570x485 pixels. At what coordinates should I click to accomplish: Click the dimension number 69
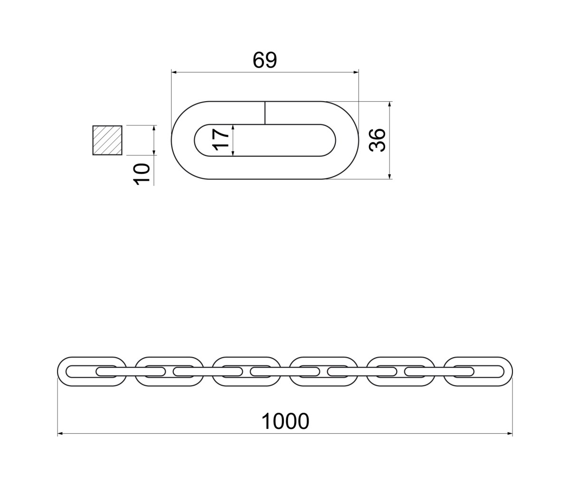pos(265,60)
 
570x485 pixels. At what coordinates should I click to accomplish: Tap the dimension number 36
pos(377,140)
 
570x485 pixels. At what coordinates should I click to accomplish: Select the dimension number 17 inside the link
pos(221,140)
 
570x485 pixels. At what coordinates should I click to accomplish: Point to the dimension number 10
pos(142,174)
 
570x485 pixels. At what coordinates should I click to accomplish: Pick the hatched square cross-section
pos(107,140)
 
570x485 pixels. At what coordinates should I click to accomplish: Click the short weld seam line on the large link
pos(265,113)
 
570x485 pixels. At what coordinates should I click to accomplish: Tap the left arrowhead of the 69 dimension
pos(174,72)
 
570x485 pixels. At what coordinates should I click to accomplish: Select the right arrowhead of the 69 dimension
pos(356,72)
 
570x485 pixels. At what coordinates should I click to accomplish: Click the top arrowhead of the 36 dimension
pos(389,104)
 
